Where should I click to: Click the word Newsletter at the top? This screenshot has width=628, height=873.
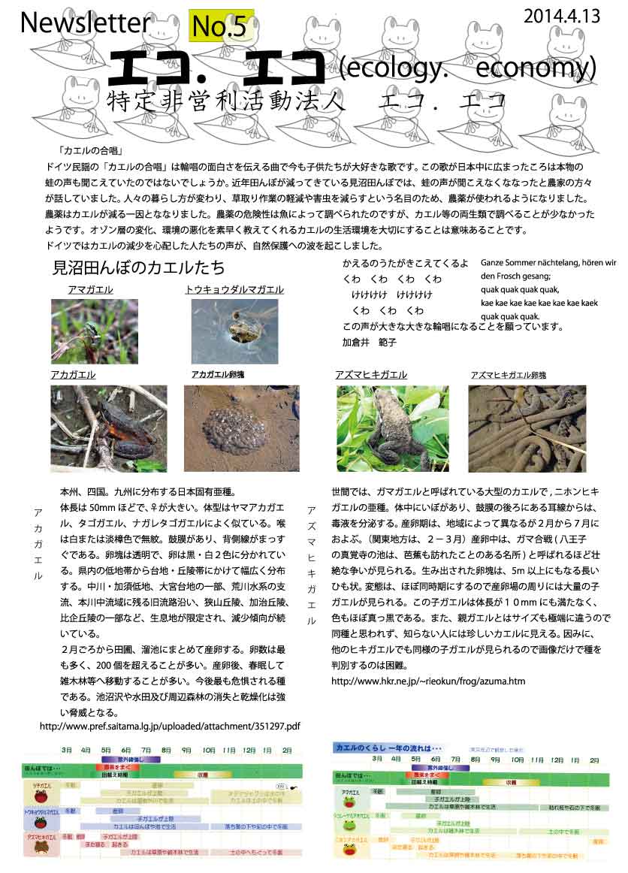[x=85, y=24]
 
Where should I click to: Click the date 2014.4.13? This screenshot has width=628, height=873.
[x=563, y=17]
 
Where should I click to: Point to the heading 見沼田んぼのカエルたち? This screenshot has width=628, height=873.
[x=139, y=267]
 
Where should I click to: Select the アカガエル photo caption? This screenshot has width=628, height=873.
[x=74, y=375]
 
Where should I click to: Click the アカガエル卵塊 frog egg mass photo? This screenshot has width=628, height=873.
[x=241, y=428]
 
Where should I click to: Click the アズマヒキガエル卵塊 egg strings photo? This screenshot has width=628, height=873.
[x=527, y=428]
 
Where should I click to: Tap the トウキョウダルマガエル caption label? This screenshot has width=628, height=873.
[x=234, y=290]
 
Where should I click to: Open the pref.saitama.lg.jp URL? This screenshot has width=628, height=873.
[x=169, y=726]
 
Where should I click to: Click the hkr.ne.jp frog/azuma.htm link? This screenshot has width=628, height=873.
[x=428, y=681]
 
